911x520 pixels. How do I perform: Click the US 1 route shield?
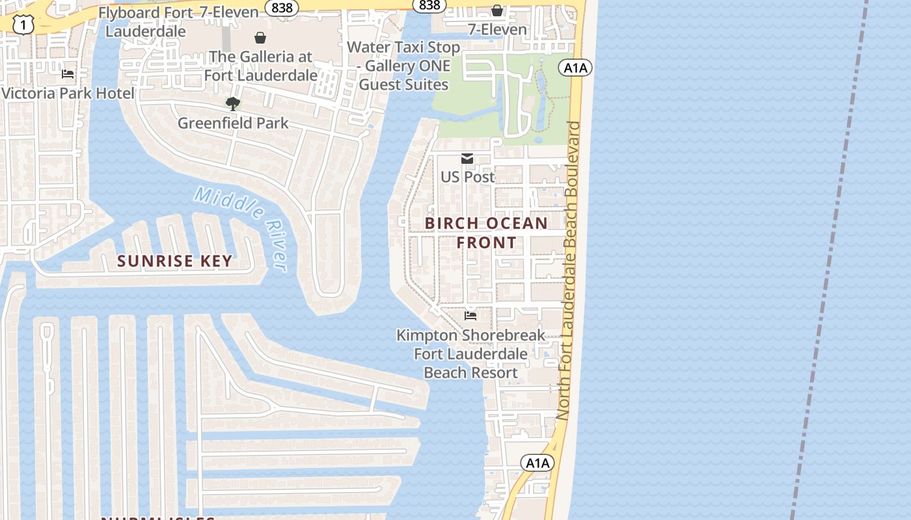(x=23, y=24)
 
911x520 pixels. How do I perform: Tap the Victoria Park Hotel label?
(x=68, y=93)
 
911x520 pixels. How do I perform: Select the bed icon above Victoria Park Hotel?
(x=68, y=74)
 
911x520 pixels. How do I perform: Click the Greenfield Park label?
(x=233, y=123)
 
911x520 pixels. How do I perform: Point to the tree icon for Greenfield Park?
(x=233, y=103)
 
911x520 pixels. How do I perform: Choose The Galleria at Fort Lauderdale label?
(x=261, y=66)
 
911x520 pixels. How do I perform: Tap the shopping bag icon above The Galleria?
(x=260, y=38)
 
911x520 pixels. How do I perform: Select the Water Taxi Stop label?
(x=403, y=66)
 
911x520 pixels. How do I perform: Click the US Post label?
(x=467, y=177)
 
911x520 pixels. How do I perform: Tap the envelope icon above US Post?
(x=467, y=159)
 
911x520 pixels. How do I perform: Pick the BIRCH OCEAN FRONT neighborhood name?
(x=486, y=233)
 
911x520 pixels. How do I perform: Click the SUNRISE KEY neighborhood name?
(x=174, y=261)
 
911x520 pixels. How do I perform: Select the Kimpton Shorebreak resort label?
(x=471, y=354)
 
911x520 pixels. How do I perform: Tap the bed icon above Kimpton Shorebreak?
(x=470, y=316)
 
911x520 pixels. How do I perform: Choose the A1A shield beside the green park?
(x=575, y=67)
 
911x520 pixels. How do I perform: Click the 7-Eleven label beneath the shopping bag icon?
(x=497, y=29)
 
